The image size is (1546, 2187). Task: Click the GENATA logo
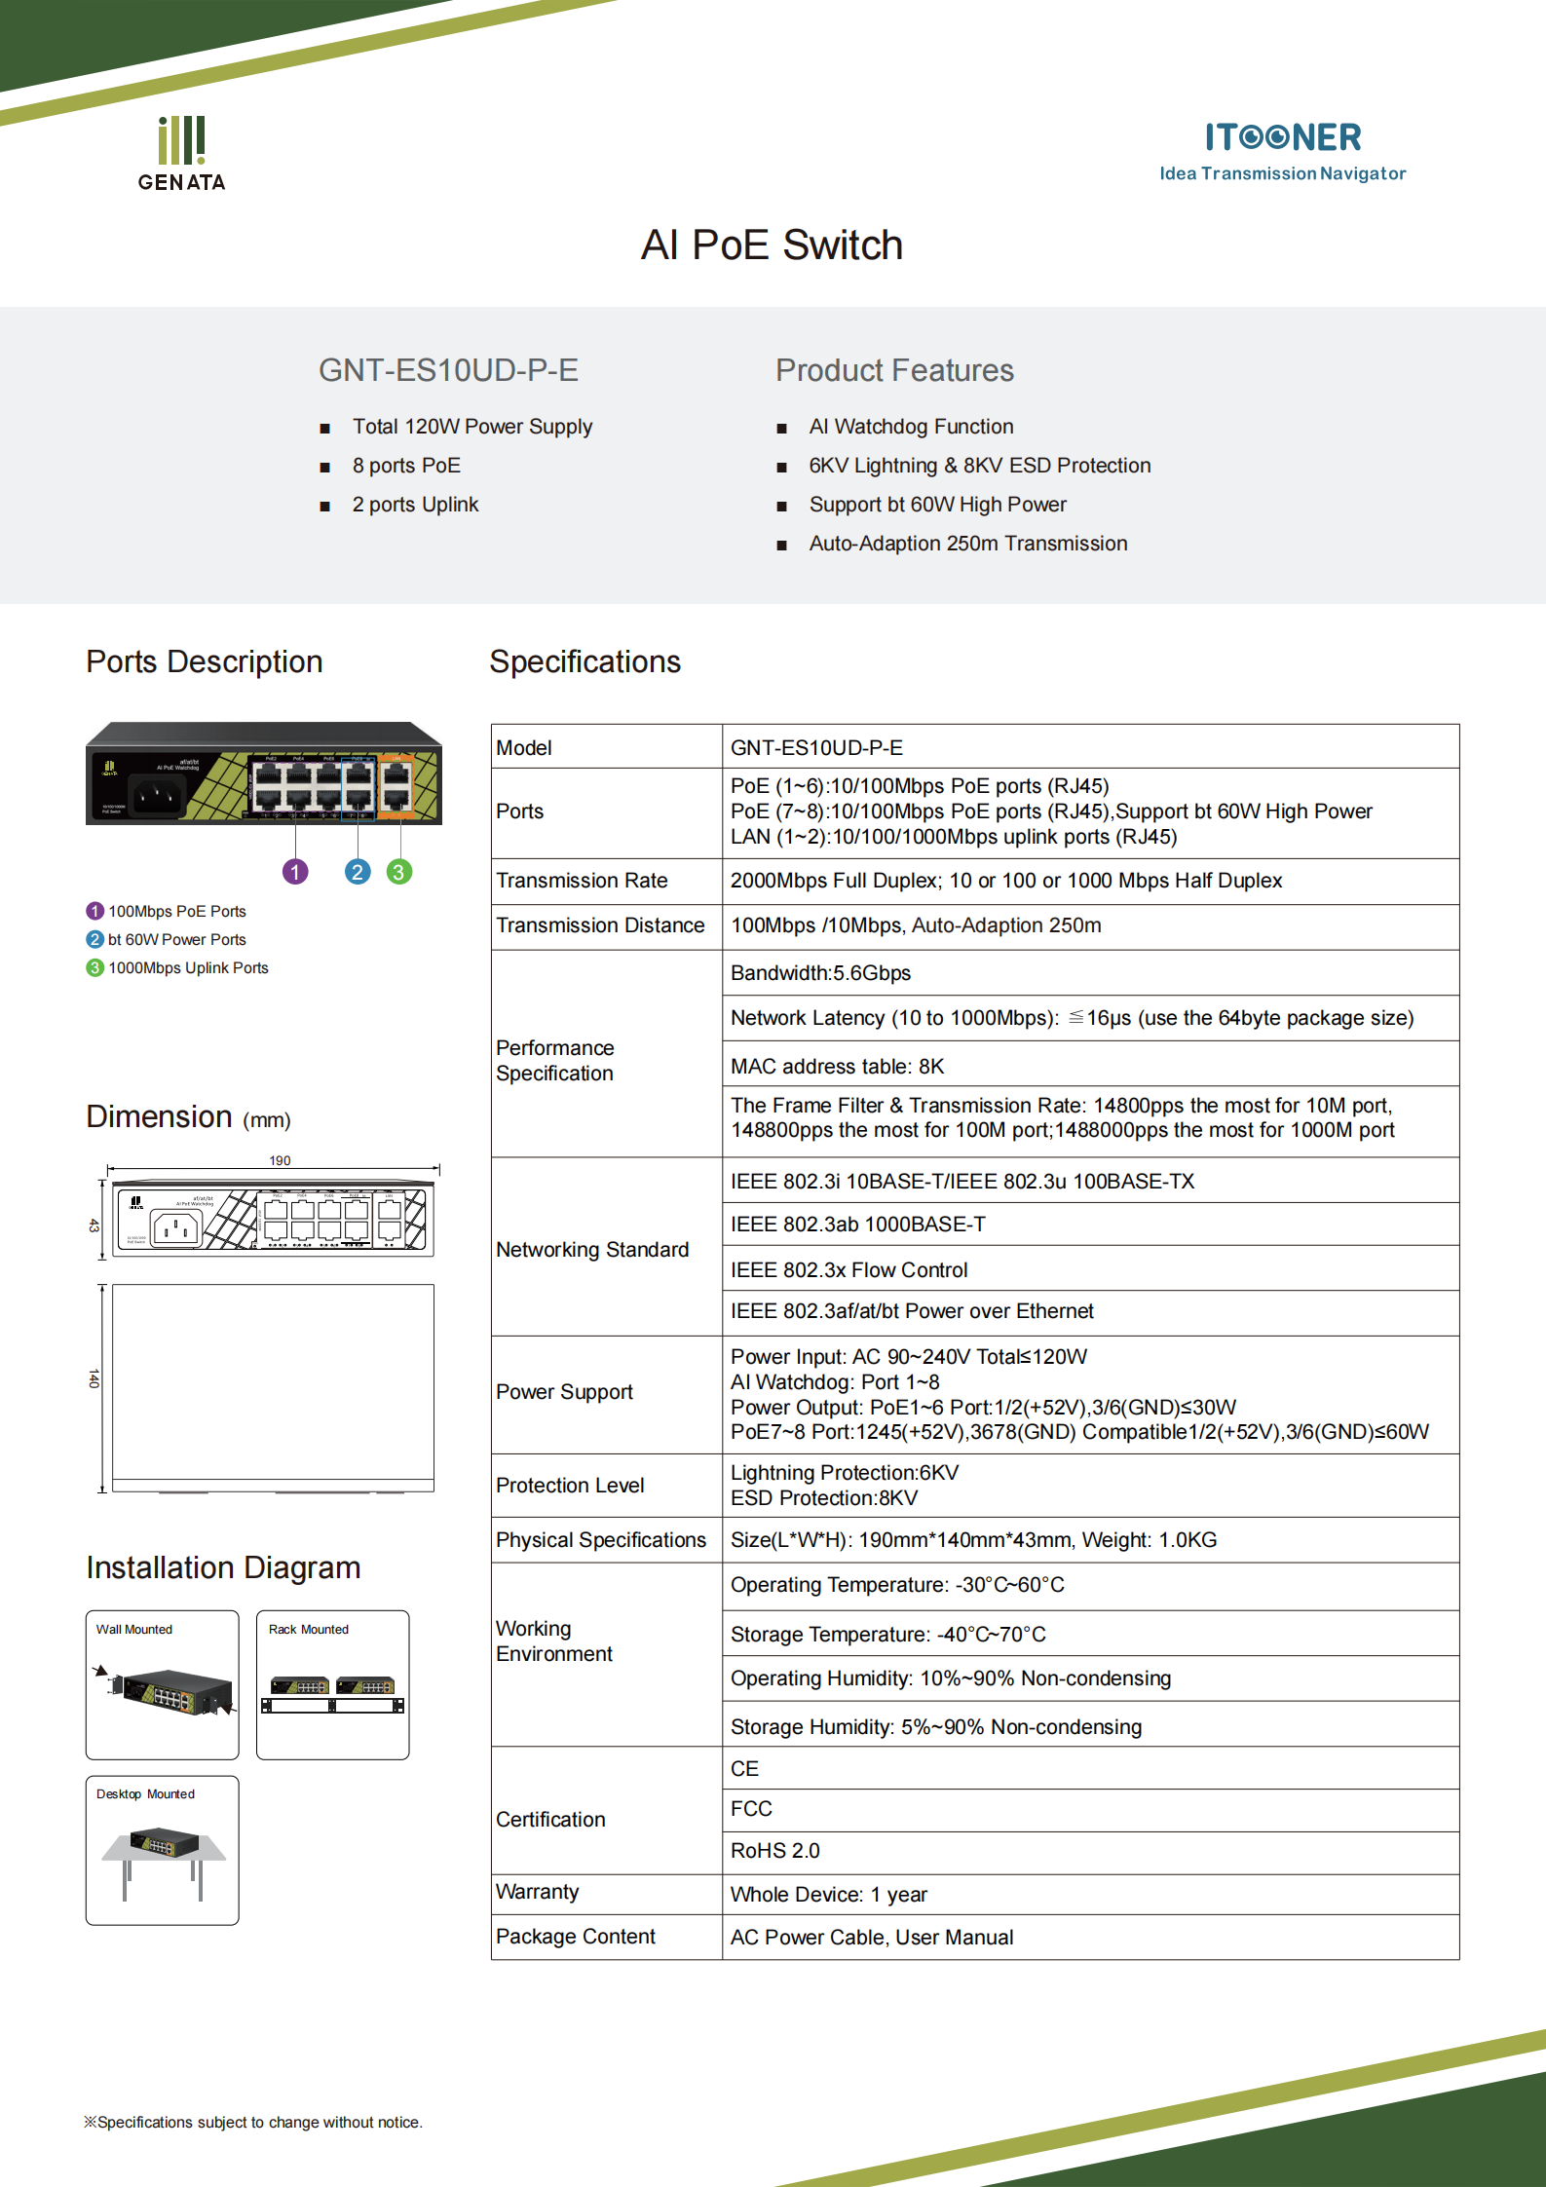[x=182, y=154]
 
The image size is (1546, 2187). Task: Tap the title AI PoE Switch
[x=772, y=245]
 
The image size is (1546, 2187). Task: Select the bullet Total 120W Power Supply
[x=471, y=427]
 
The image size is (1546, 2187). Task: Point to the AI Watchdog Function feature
[x=910, y=427]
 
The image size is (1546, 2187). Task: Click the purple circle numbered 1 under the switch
[x=295, y=872]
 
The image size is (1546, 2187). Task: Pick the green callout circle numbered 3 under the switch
[x=399, y=872]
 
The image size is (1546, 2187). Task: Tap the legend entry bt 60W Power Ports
[x=176, y=939]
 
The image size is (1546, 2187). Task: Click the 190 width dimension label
[x=280, y=1160]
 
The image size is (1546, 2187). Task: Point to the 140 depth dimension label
[x=94, y=1378]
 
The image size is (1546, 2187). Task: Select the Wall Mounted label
[x=133, y=1629]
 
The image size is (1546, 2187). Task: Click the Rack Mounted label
[x=308, y=1629]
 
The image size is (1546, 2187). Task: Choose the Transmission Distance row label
[x=600, y=925]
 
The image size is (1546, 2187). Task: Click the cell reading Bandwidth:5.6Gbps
[x=820, y=973]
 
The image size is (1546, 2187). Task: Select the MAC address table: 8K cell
[x=837, y=1067]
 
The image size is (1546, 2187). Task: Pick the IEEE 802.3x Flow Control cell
[x=848, y=1270]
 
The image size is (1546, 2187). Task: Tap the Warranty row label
[x=537, y=1892]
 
